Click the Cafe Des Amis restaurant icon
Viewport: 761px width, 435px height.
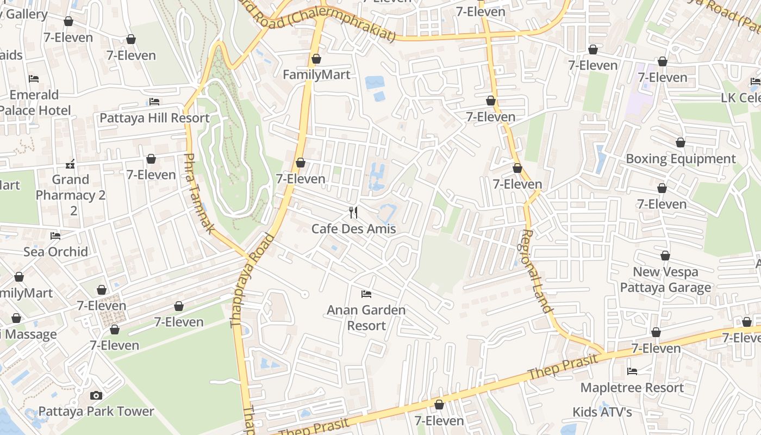[353, 212]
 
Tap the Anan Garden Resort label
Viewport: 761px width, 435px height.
[366, 318]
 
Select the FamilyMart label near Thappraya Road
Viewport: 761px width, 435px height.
[316, 74]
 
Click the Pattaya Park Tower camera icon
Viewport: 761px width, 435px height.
[96, 395]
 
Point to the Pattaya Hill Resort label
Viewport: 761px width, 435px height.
[154, 118]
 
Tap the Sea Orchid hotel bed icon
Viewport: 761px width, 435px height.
[55, 235]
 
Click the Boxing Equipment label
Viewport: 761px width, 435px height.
[681, 159]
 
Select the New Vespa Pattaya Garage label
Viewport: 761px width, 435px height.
[665, 279]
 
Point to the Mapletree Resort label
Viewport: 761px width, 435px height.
[632, 388]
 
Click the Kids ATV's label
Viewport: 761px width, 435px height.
[602, 412]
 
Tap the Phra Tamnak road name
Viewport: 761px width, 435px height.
[198, 193]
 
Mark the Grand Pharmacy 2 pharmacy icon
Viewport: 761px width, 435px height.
[70, 164]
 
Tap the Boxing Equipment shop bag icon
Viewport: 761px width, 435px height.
[680, 142]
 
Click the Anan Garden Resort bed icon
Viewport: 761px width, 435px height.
[366, 294]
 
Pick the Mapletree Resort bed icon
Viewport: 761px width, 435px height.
[632, 371]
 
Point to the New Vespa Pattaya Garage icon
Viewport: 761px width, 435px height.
[665, 256]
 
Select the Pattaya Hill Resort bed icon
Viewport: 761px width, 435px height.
[154, 102]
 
